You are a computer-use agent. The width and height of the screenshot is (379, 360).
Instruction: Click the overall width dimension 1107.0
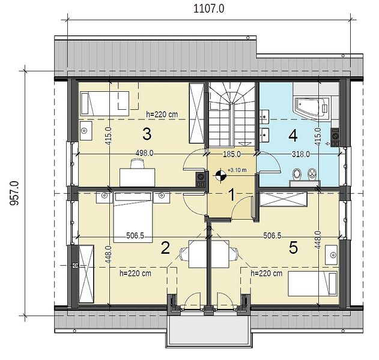pos(208,9)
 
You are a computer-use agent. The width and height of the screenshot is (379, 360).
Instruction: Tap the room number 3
pos(147,134)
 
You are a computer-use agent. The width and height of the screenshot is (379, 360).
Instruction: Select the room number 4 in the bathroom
pos(293,136)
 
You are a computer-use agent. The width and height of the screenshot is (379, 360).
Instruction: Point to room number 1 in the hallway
pos(232,195)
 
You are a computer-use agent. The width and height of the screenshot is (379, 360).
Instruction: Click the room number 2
pos(165,248)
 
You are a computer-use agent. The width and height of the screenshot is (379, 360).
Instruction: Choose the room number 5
pos(293,248)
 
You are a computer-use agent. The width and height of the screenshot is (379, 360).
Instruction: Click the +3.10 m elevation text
pos(237,170)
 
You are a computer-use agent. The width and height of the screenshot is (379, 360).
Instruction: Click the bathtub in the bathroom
pos(311,109)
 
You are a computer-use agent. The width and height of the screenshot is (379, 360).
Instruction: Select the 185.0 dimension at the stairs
pos(232,154)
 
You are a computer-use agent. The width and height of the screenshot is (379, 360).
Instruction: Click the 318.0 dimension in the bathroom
pos(301,154)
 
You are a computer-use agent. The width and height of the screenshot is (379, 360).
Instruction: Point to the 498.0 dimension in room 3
pos(144,153)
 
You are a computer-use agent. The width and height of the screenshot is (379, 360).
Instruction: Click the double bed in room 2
pos(133,217)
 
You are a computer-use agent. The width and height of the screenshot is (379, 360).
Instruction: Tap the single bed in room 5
pos(312,284)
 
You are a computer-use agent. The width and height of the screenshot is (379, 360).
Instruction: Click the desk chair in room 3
pos(137,163)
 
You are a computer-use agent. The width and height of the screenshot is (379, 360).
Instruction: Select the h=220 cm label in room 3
pos(162,114)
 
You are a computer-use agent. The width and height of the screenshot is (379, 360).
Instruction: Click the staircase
pos(232,114)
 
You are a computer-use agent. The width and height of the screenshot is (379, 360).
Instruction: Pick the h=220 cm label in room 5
pos(266,274)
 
